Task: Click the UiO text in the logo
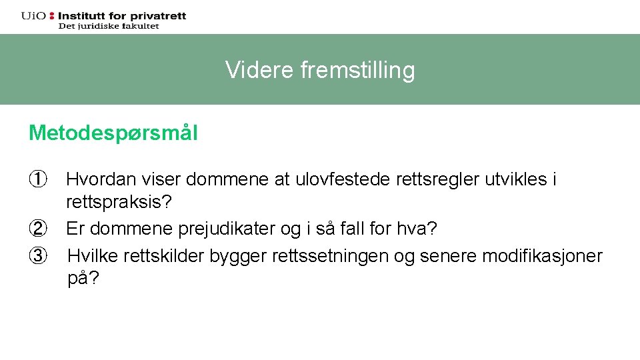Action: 33,15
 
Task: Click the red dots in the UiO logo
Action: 52,15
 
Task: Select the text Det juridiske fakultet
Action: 109,26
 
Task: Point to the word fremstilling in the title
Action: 358,70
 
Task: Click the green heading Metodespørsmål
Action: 113,133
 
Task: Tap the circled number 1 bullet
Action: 37,179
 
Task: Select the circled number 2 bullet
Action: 37,229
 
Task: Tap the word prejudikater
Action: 218,229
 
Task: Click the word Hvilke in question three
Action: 91,256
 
